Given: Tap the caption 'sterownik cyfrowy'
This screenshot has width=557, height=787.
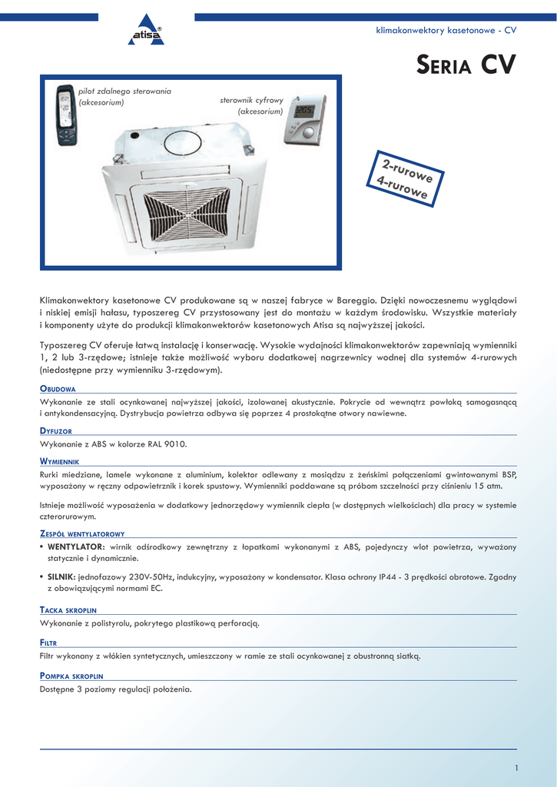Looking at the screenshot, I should coord(252,101).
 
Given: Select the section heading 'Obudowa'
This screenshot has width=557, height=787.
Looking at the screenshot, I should coord(58,389).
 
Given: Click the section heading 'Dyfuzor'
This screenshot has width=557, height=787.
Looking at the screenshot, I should coord(56,431).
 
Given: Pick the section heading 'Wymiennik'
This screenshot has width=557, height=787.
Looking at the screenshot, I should coord(60,461).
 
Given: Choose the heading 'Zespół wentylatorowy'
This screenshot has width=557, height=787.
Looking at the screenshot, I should coord(82,533).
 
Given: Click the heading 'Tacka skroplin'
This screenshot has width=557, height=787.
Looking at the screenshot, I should coord(68,609).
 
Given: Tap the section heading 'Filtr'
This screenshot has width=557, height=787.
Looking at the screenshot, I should coord(48,643).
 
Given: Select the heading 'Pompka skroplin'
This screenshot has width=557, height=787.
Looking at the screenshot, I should coord(71,676).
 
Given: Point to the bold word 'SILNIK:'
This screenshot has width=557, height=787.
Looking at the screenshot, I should coord(61,576).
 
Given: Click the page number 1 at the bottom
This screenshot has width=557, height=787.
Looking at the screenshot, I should coord(517,768).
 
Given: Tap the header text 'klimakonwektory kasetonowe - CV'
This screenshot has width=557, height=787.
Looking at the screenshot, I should coord(446,30).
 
